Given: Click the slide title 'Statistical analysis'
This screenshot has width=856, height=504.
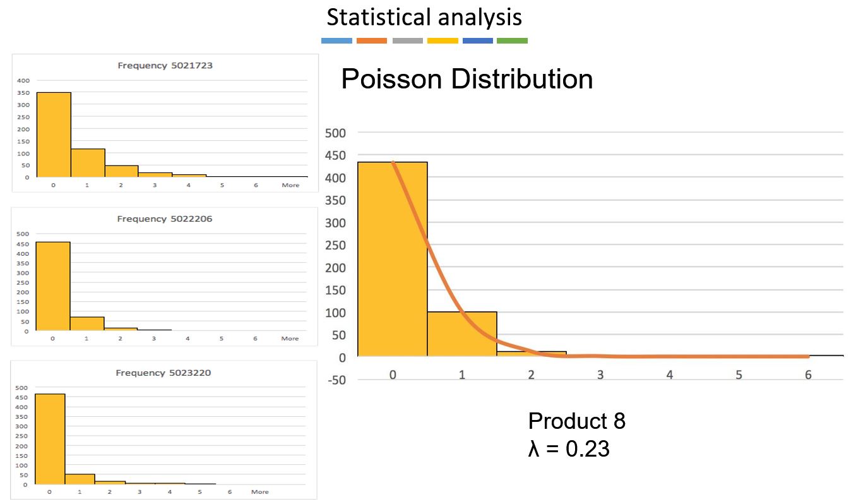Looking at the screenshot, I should [x=424, y=17].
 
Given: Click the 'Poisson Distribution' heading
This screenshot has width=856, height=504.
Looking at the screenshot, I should [x=467, y=80].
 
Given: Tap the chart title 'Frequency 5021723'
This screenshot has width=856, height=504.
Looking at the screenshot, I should [x=165, y=65].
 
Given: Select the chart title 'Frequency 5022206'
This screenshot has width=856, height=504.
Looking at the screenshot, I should [x=165, y=219].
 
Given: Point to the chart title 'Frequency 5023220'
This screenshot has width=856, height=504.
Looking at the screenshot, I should [x=163, y=373].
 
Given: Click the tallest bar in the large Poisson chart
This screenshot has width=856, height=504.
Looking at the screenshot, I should [x=392, y=259].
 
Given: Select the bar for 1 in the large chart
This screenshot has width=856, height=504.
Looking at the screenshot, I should [x=462, y=334].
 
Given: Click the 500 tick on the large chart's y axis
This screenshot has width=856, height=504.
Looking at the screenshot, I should [x=335, y=133].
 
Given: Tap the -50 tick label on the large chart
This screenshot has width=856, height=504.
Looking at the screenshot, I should [x=335, y=380].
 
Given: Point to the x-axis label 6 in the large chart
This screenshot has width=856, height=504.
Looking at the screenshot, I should [x=808, y=375].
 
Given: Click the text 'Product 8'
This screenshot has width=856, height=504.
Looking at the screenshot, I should [x=576, y=421].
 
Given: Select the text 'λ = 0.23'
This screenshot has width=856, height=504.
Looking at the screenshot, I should [x=569, y=448].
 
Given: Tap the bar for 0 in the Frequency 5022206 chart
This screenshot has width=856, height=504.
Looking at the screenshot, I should [x=53, y=286].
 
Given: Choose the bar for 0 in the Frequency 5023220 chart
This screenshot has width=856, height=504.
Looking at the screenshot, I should [x=50, y=439].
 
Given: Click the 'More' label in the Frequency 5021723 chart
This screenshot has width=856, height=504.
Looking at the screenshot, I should [x=290, y=186].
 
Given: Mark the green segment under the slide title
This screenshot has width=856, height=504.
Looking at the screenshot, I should [x=512, y=41].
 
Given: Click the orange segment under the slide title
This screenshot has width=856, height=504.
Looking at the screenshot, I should [x=371, y=41].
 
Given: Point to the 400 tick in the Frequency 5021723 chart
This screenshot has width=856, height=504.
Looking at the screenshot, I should [x=23, y=81].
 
